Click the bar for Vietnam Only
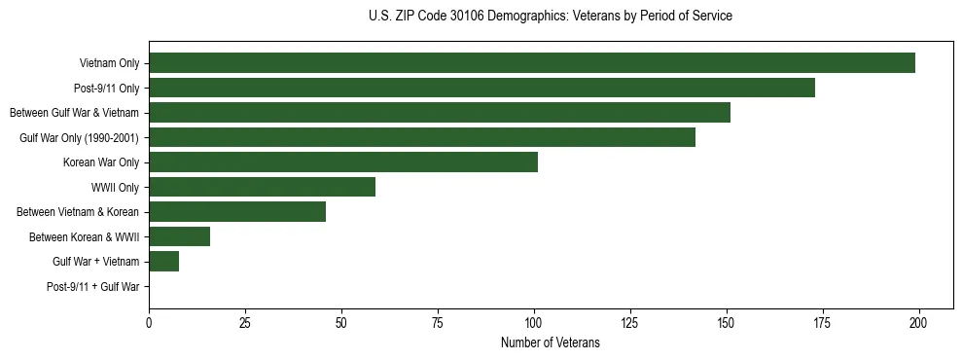point(532,63)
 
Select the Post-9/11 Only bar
point(481,88)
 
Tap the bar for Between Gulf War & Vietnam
point(440,113)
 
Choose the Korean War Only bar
point(343,162)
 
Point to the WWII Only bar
point(262,187)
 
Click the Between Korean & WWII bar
point(179,236)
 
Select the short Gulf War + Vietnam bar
point(163,262)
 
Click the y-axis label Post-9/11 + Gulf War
point(93,287)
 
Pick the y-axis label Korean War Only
point(101,162)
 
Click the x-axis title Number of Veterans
point(550,343)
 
